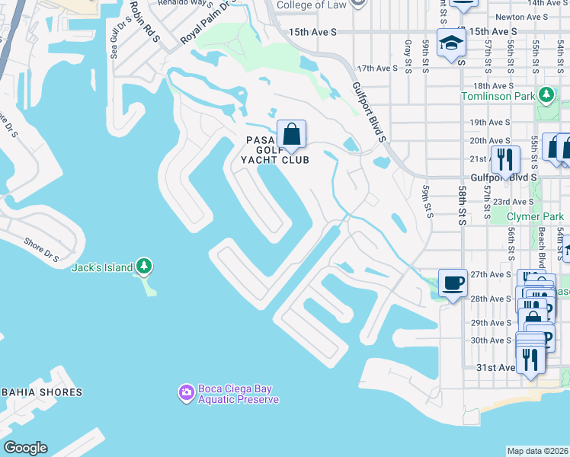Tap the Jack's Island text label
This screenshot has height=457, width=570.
click(x=102, y=267)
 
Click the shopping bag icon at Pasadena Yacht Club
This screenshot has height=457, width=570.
click(x=291, y=135)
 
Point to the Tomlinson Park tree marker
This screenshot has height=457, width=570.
click(x=546, y=95)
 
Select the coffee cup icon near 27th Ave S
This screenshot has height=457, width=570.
click(x=453, y=283)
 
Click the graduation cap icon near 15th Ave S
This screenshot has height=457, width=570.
click(x=451, y=44)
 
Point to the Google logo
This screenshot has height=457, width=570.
click(x=25, y=448)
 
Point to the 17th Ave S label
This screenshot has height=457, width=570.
click(x=378, y=69)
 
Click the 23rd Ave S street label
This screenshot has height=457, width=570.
click(x=513, y=202)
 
